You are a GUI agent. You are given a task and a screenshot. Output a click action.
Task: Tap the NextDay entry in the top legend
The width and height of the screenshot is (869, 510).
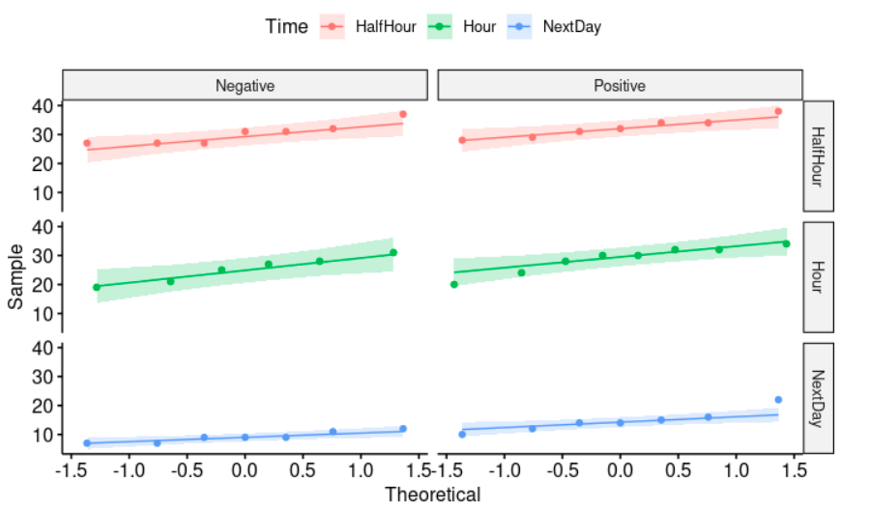point(571,27)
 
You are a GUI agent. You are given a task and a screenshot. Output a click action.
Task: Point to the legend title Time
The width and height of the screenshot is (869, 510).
point(286,27)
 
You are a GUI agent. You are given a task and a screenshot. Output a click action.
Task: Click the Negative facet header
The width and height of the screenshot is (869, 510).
point(245,86)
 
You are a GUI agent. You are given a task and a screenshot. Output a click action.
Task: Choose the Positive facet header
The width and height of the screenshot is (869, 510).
point(620,86)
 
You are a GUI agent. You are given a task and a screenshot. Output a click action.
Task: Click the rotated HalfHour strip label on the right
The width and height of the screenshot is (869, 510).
point(819,156)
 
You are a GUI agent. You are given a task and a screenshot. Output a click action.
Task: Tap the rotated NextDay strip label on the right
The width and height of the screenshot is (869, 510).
point(819,397)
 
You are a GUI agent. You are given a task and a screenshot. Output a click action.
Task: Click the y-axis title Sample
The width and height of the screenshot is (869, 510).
point(15,276)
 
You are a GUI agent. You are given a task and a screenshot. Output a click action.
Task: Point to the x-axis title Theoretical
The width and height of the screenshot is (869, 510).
point(432,496)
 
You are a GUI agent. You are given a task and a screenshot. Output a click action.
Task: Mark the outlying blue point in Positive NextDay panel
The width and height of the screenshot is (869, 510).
point(778,400)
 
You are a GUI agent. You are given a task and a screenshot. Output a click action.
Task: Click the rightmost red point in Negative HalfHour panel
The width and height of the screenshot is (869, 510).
point(403,114)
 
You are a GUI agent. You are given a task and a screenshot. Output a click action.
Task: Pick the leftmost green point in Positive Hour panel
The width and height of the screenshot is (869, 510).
point(454,284)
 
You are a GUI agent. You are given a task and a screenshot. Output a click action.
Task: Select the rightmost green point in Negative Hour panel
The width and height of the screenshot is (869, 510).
point(393,253)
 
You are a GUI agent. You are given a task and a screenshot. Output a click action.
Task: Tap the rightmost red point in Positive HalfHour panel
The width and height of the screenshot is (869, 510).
point(778,112)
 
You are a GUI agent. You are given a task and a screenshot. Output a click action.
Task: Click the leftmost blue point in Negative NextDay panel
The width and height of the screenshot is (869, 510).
point(87,443)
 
